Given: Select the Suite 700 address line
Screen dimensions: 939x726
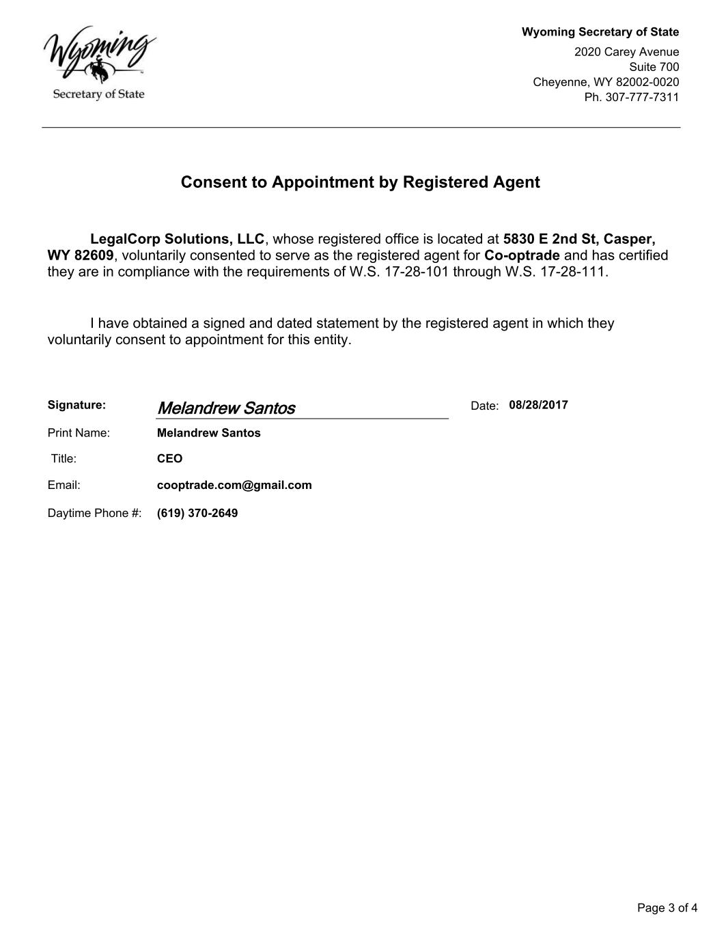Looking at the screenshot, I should (x=654, y=67).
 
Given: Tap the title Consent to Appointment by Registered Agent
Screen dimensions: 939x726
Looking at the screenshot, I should (x=360, y=182).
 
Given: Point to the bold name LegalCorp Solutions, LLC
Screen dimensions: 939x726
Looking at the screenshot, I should (x=177, y=239).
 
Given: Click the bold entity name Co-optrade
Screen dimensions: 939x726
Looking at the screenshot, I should (x=522, y=255).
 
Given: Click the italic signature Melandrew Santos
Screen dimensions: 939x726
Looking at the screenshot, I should (x=226, y=408).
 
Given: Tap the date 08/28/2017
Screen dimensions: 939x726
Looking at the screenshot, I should (x=538, y=405).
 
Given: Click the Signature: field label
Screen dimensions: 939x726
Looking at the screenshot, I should (x=76, y=405).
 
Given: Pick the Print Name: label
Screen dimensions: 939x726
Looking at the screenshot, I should (x=79, y=433).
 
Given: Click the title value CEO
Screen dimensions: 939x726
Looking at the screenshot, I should (x=169, y=459).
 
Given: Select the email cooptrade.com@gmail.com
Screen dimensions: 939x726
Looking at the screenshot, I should (x=234, y=486).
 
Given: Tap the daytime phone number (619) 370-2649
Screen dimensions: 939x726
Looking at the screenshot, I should (x=197, y=514).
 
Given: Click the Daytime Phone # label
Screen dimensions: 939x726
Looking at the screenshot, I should (x=94, y=514).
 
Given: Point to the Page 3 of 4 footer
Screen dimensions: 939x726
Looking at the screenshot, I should (x=667, y=908).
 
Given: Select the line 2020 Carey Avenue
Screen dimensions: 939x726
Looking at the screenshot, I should (x=626, y=52).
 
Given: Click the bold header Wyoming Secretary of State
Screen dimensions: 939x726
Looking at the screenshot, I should (x=600, y=32).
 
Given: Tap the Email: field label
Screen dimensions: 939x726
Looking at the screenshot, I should (x=64, y=486).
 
